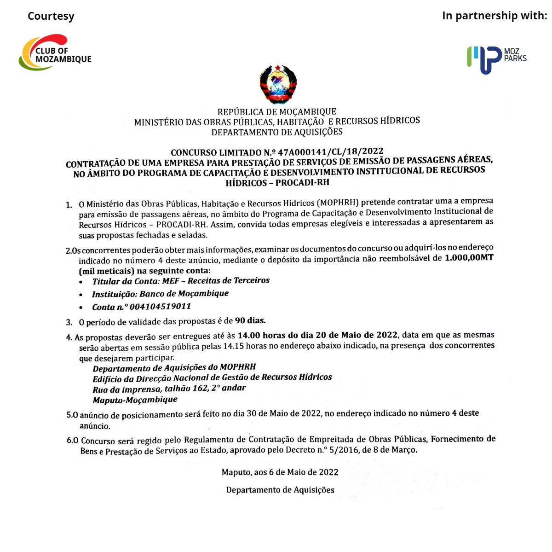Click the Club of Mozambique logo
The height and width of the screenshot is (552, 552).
click(55, 53)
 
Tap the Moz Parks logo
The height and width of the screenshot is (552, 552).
click(496, 59)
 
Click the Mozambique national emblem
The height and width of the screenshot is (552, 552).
click(278, 84)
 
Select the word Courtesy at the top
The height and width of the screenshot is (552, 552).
click(51, 16)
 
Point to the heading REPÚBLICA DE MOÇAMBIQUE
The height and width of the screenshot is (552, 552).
click(277, 112)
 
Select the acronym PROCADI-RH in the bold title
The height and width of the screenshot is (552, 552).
click(302, 182)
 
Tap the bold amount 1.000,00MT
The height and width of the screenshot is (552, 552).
click(469, 258)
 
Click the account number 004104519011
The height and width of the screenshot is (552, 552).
click(160, 307)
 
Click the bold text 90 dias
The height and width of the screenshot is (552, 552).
click(250, 320)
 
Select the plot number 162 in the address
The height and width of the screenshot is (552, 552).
click(200, 388)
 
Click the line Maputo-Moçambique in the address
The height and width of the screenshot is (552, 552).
click(135, 400)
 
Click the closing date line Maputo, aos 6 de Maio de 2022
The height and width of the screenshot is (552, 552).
click(280, 472)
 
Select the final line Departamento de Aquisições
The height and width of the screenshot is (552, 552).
click(280, 490)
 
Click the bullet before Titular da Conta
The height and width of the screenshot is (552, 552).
click(81, 282)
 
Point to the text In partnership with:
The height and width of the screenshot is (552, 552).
click(494, 16)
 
